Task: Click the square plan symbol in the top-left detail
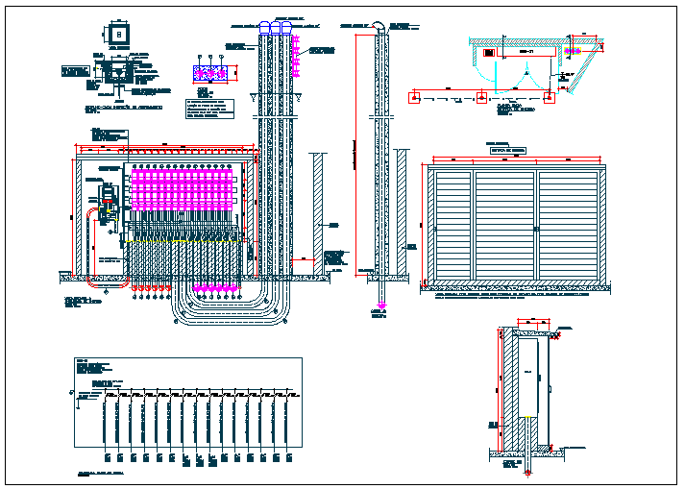[x=118, y=34]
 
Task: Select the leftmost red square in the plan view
[x=414, y=96]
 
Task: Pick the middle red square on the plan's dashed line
[x=480, y=96]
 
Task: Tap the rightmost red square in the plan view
[x=549, y=96]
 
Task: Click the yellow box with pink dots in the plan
[x=491, y=53]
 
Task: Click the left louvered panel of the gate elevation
[x=452, y=226]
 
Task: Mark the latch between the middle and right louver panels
[x=538, y=229]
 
